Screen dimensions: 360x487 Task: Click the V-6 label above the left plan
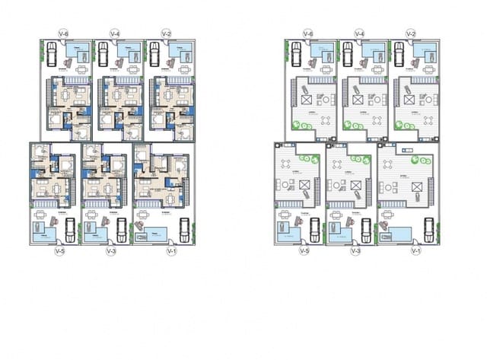(64, 33)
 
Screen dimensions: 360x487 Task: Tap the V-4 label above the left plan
(116, 33)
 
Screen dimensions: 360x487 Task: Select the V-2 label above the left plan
(167, 33)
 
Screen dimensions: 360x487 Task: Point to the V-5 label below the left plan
(59, 250)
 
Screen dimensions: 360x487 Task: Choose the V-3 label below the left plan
(110, 250)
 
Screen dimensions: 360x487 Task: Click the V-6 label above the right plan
(308, 33)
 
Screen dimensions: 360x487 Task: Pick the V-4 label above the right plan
(360, 33)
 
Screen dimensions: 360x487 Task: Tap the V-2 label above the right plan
(411, 33)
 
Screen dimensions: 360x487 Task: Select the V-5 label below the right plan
(304, 250)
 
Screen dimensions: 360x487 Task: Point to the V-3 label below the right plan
(355, 250)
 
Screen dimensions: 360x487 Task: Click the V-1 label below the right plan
(415, 250)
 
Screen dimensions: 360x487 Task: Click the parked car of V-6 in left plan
(51, 55)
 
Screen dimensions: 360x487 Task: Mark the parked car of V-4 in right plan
(348, 55)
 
